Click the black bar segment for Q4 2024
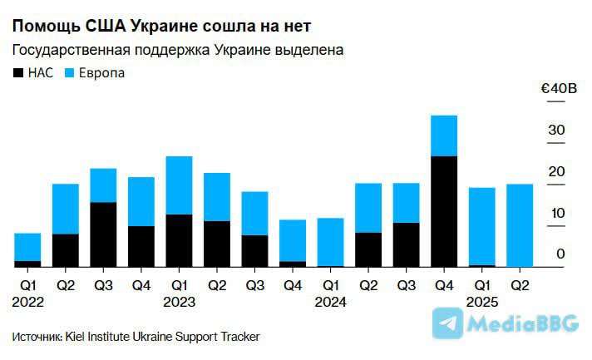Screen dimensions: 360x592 (x=445, y=211)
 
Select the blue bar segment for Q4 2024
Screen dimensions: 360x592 (x=445, y=136)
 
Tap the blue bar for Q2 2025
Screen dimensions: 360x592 (x=520, y=225)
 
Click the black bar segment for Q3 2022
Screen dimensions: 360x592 (x=103, y=234)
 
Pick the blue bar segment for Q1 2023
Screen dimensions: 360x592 (x=179, y=185)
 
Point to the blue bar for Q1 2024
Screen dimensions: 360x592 (x=330, y=242)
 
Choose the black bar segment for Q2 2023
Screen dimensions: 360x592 (x=217, y=244)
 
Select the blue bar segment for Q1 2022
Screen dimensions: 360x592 (x=27, y=247)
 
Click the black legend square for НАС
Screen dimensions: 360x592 (x=18, y=73)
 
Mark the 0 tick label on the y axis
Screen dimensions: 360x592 (x=561, y=254)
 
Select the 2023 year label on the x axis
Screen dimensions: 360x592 (x=179, y=302)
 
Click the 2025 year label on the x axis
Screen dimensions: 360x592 (x=481, y=302)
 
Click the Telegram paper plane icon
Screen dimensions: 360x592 (x=449, y=323)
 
